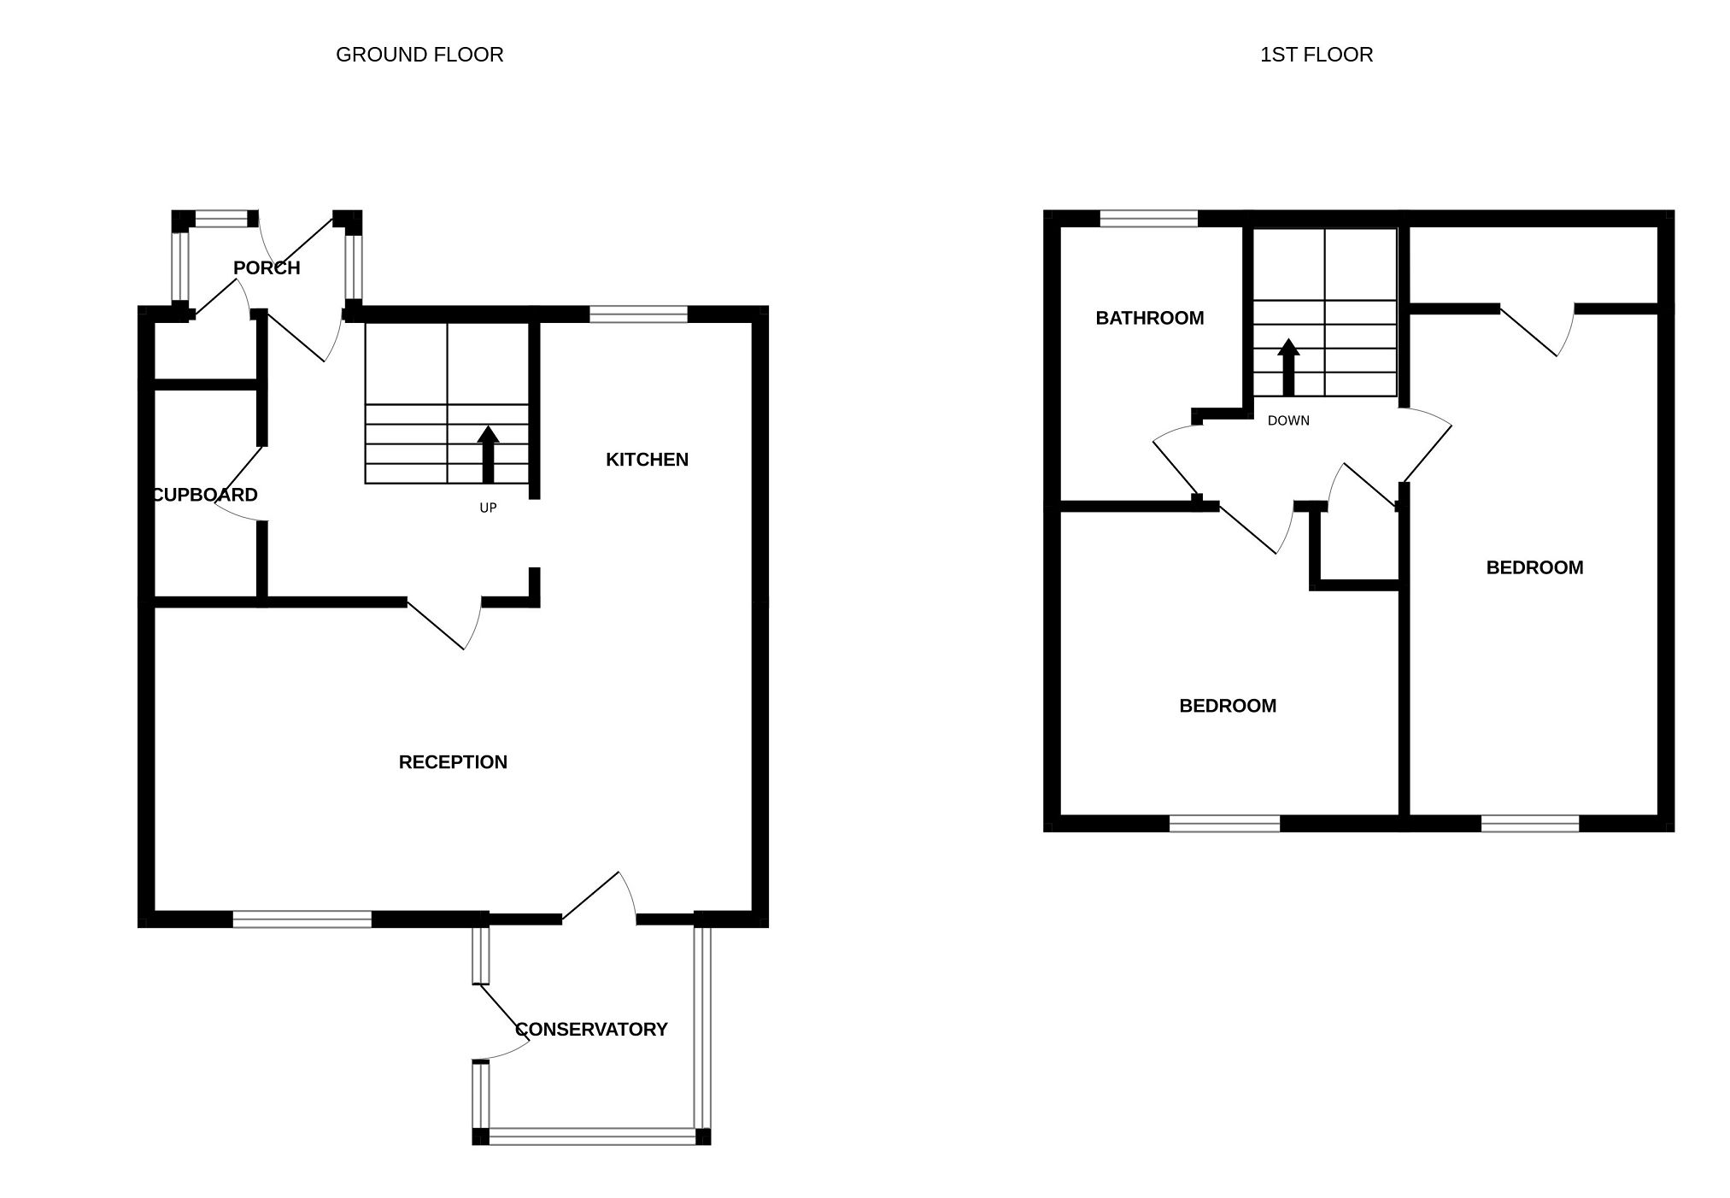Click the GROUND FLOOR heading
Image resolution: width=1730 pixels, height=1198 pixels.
coord(419,55)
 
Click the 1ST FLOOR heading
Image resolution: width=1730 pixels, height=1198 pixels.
coord(1317,55)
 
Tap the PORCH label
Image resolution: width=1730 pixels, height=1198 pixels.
coord(267,268)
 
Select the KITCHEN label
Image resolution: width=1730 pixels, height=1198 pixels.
coord(647,460)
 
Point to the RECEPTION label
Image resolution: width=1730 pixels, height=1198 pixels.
coord(453,762)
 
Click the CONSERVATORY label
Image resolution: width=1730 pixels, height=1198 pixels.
coord(591,1030)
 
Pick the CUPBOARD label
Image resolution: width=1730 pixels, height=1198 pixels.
coord(205,495)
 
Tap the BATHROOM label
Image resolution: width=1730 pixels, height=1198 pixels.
coord(1149,318)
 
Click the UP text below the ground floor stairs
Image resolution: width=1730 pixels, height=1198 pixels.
coord(488,508)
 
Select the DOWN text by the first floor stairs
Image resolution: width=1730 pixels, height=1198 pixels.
coord(1288,420)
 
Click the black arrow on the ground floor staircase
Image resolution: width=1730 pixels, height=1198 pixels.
coord(488,453)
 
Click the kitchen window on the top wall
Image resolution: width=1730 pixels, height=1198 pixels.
coord(638,314)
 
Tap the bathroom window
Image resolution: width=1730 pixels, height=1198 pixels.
coord(1148,219)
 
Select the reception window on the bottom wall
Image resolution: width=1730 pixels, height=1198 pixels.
coord(302,919)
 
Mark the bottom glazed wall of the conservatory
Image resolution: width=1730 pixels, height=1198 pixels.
coord(592,1136)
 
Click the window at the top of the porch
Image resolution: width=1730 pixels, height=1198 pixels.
coord(220,219)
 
